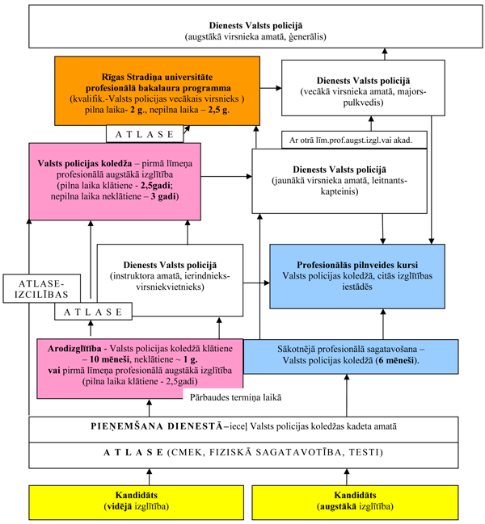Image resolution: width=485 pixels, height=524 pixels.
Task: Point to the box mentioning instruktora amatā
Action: tap(170, 276)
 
